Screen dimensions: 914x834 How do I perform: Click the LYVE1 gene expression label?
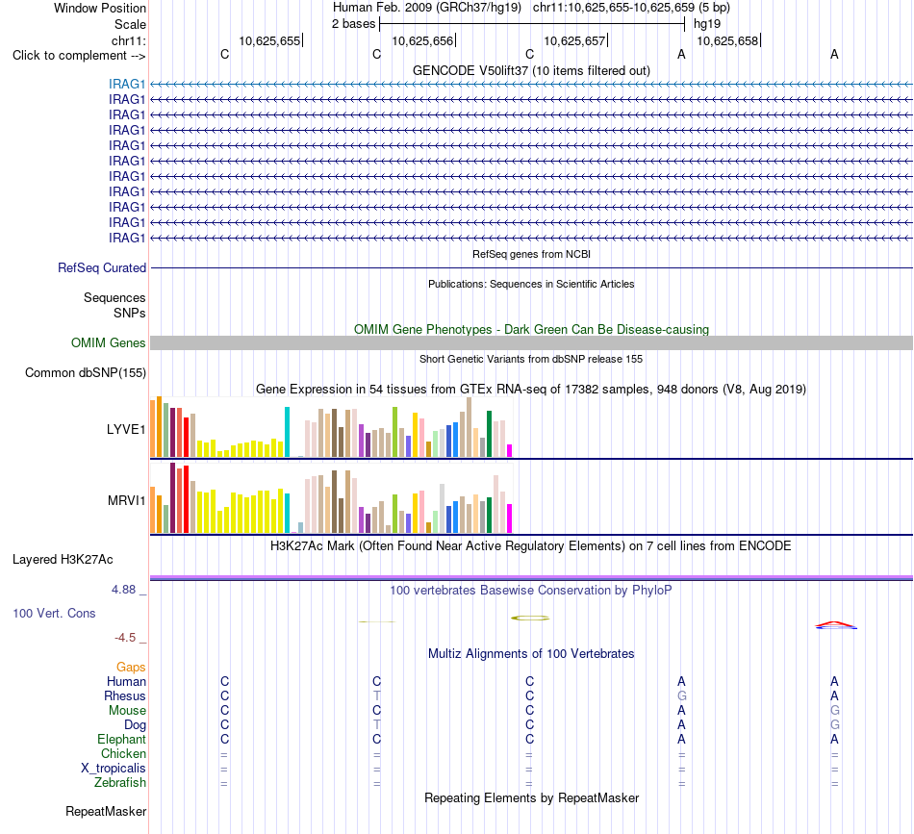click(x=126, y=430)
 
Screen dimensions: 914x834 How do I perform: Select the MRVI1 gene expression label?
click(x=126, y=500)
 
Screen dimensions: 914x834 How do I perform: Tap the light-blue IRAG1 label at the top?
click(x=126, y=84)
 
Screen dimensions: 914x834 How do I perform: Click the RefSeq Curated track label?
click(x=102, y=267)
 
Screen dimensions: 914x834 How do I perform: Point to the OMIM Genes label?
click(x=109, y=342)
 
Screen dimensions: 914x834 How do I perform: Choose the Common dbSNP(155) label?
click(x=86, y=372)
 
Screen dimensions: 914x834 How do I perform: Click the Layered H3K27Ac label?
click(x=63, y=560)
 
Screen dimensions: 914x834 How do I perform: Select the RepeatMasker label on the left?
click(x=106, y=811)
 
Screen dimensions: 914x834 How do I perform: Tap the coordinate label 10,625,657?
click(x=574, y=40)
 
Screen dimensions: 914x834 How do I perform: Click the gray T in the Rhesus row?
click(x=377, y=695)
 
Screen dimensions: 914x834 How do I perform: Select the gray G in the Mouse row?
click(x=835, y=711)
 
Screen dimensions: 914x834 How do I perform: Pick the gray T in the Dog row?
click(x=377, y=725)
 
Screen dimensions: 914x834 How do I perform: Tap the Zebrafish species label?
click(x=120, y=783)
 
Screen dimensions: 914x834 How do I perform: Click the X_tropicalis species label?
click(x=114, y=769)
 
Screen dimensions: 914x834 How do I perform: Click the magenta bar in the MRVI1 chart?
click(x=509, y=518)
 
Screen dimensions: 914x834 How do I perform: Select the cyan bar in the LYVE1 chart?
click(x=287, y=432)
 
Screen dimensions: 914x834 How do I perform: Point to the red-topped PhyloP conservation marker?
click(x=836, y=625)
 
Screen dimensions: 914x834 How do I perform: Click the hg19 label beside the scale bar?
click(x=707, y=24)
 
